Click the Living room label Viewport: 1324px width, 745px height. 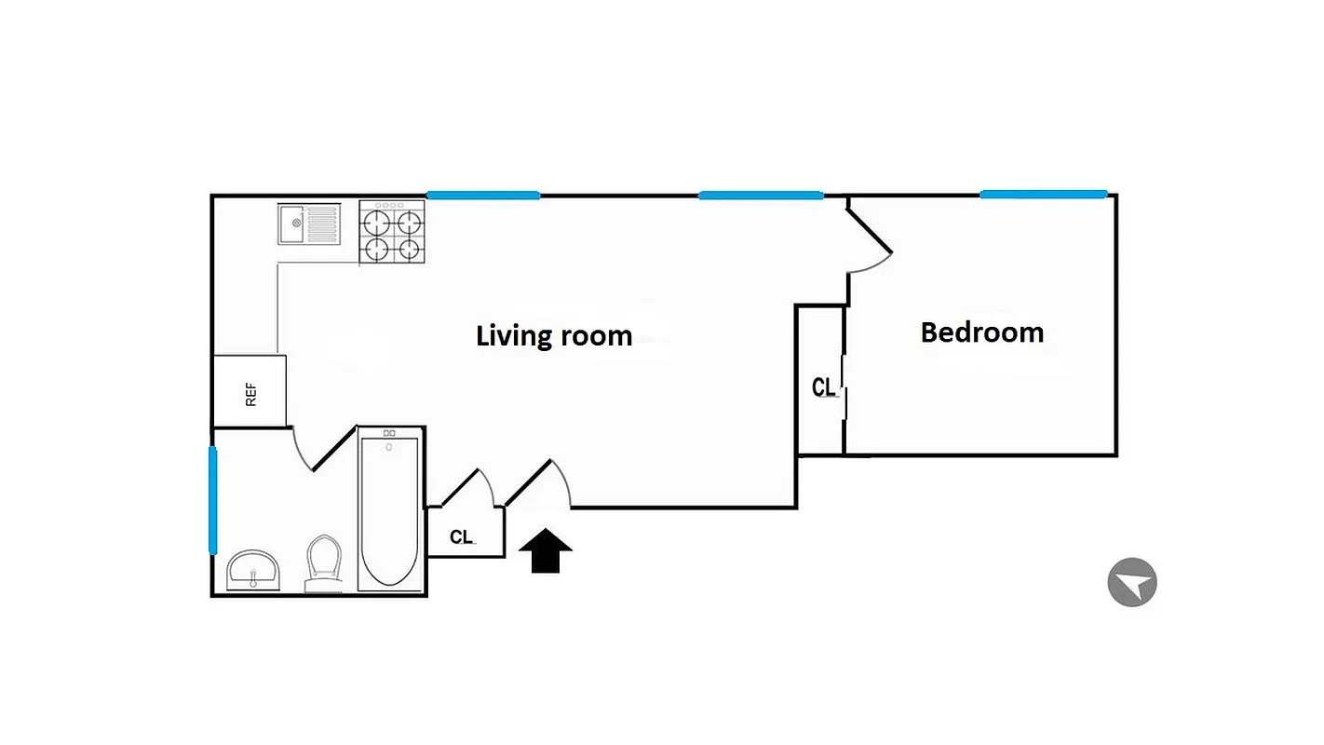(554, 335)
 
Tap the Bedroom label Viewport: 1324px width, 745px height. (982, 332)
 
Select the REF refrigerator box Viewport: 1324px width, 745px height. (250, 392)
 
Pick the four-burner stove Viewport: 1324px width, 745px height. (392, 233)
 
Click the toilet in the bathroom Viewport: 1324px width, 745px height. (323, 562)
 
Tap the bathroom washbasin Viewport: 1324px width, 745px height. (252, 568)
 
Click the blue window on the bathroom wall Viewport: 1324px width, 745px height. (213, 500)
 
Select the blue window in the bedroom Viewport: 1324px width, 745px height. (1043, 195)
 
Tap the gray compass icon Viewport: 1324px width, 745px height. (1132, 583)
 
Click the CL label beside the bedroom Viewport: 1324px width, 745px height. (824, 387)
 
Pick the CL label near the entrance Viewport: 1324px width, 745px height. (462, 537)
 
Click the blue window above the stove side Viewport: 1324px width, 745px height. (483, 195)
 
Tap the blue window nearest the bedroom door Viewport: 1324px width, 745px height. (761, 195)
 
